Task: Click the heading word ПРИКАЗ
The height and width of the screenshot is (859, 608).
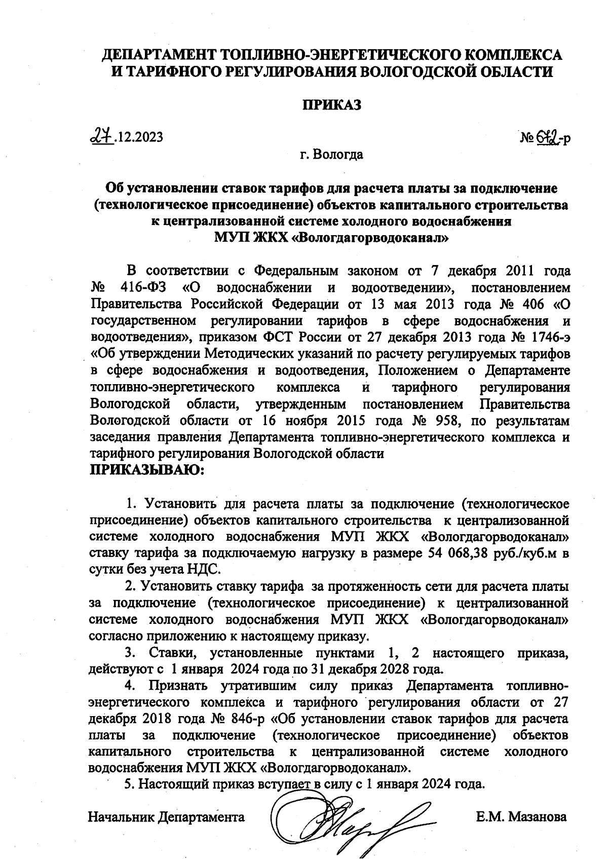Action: [x=331, y=104]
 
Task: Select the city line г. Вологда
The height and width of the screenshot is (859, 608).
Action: [x=331, y=154]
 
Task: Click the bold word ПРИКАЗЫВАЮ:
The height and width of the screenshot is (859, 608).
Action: [x=146, y=469]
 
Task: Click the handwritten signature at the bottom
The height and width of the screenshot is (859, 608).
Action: [x=350, y=818]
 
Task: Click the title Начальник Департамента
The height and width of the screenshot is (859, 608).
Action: [x=166, y=816]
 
